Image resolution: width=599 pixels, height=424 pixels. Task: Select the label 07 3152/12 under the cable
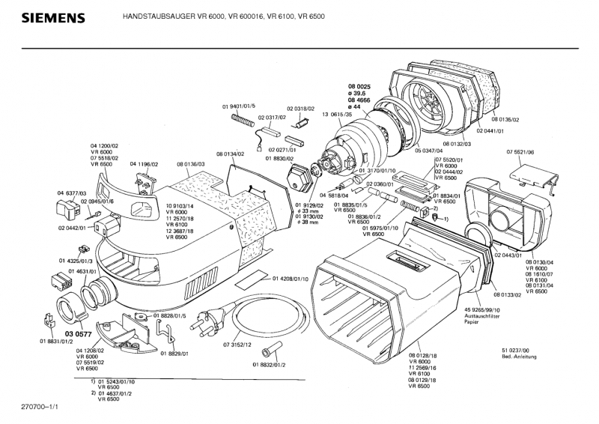pyautogui.click(x=216, y=345)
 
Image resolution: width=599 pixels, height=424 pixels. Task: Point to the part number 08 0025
pyautogui.click(x=359, y=87)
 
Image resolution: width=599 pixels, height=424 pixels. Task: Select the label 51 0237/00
pyautogui.click(x=517, y=351)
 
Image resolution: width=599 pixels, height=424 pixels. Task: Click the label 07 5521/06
pyautogui.click(x=520, y=151)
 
